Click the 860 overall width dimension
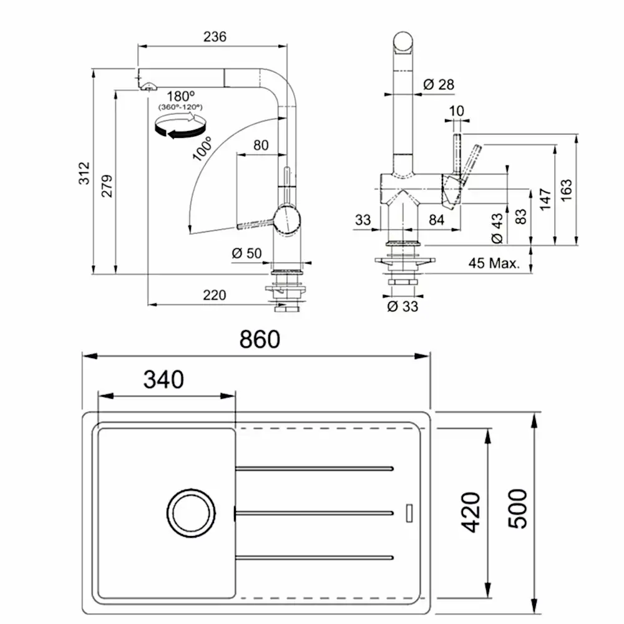click(260, 340)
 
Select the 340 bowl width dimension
click(163, 379)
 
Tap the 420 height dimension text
click(471, 512)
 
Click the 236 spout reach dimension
click(215, 37)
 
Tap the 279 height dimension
click(107, 185)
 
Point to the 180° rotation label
click(182, 97)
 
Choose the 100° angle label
click(203, 149)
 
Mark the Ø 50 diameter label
click(246, 253)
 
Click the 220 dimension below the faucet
click(215, 295)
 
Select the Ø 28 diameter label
click(439, 84)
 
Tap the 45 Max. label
click(494, 263)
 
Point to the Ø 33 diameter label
click(402, 306)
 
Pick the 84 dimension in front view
click(437, 219)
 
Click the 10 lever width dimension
click(456, 110)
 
